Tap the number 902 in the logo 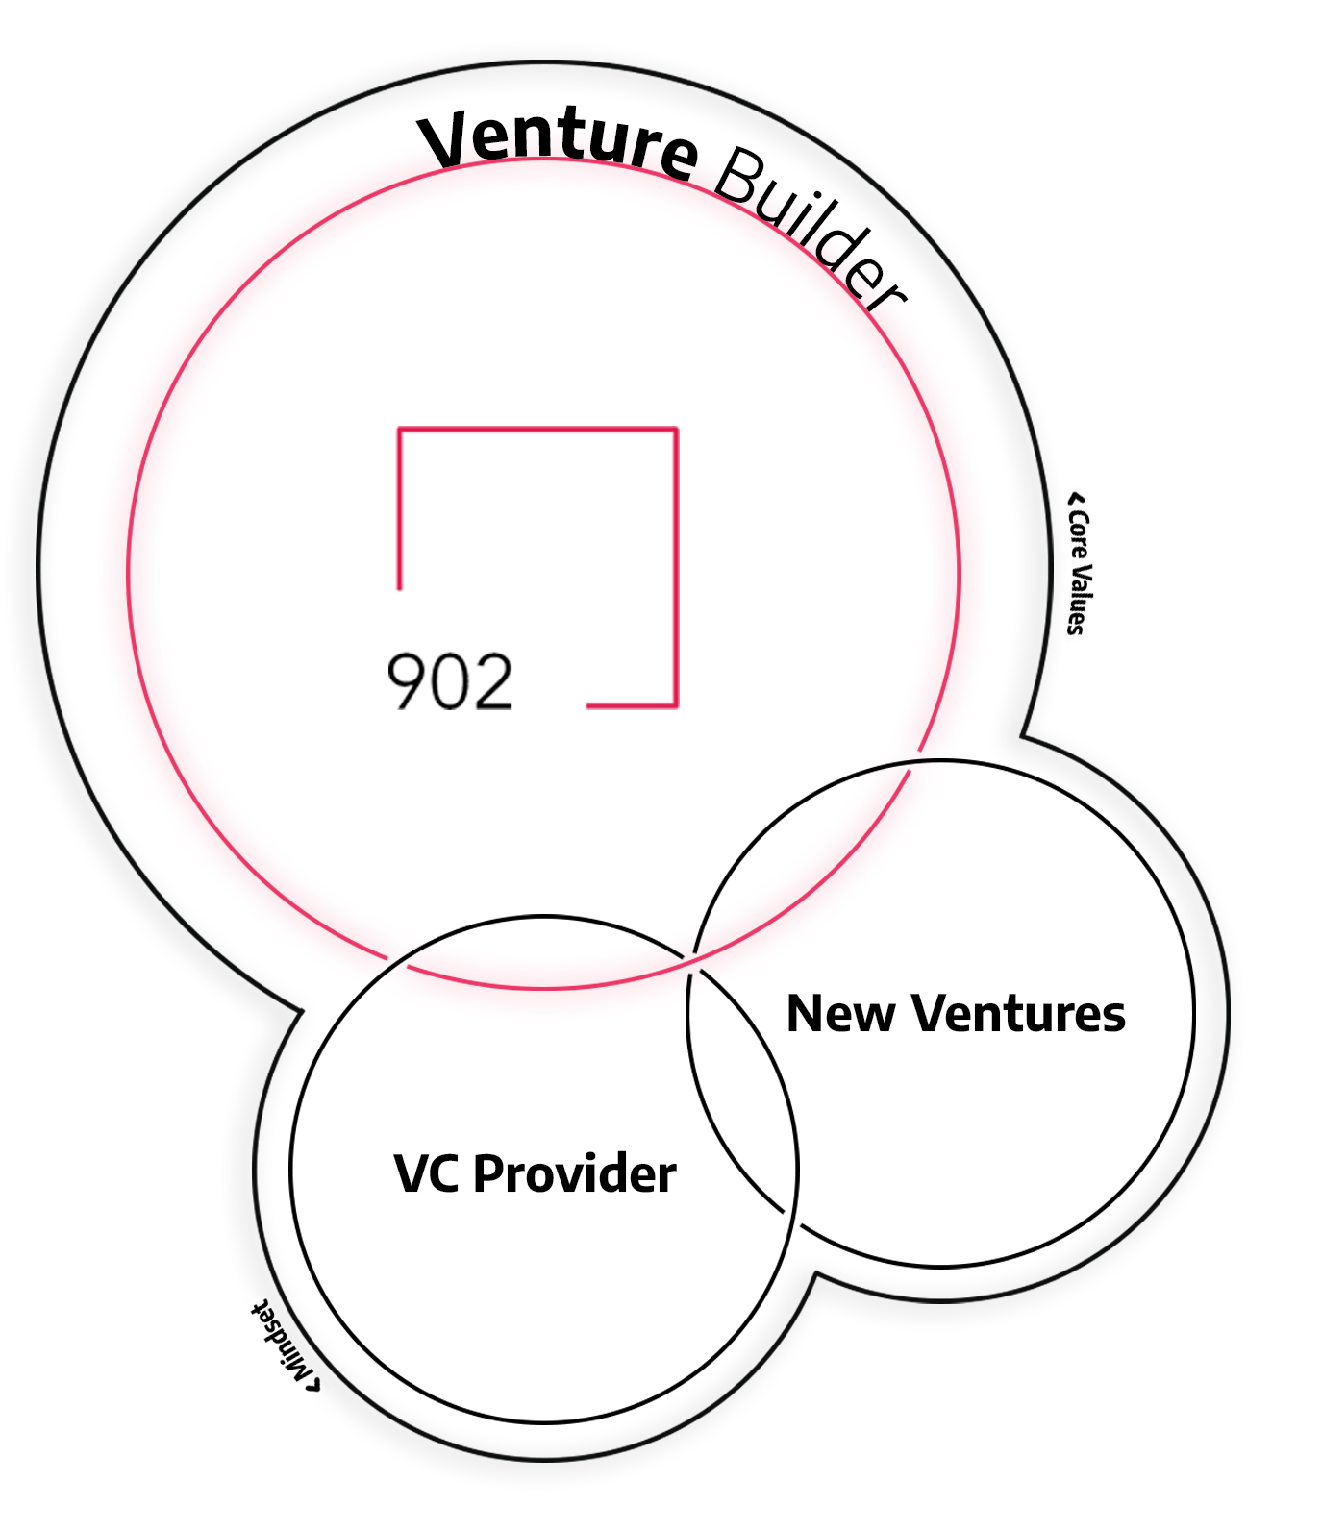(450, 682)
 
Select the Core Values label (1080, 571)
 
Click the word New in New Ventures (840, 1014)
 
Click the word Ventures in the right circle (1019, 1014)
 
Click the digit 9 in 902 (407, 682)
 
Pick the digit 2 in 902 (492, 682)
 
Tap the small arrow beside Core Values (1076, 500)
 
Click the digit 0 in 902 (450, 682)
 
